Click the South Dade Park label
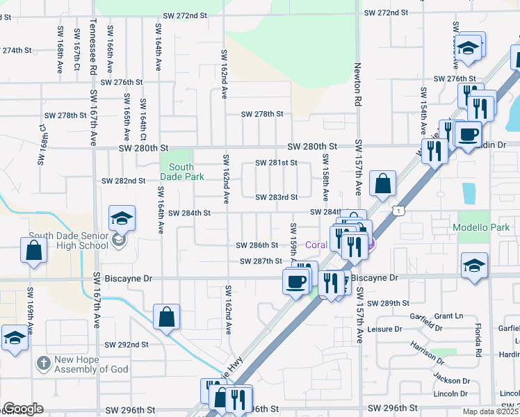181,172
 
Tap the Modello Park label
480,227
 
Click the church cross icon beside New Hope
44,362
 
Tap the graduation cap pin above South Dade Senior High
121,219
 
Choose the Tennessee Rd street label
92,57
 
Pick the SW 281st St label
276,163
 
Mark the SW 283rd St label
276,197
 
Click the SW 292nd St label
127,344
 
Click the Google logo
23,408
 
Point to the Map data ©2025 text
490,411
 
